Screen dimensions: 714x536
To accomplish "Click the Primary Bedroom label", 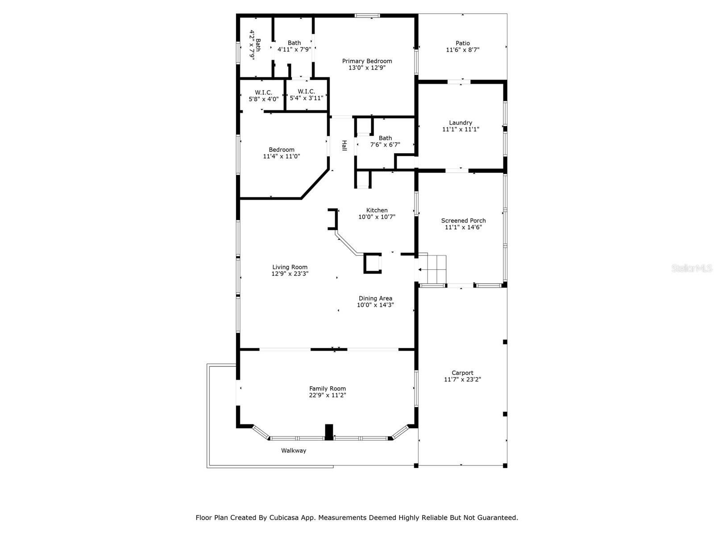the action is tap(367, 61).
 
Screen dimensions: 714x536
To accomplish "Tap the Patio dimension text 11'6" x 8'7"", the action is tap(462, 50).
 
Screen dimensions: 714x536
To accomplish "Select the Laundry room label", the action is tap(460, 123).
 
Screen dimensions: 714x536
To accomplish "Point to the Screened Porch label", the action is tap(463, 220).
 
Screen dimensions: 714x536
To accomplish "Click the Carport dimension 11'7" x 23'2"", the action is tap(462, 379).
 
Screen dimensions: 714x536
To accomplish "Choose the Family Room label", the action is tap(327, 388).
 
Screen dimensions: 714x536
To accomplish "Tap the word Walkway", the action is tap(293, 450).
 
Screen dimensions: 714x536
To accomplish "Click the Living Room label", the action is tap(290, 267).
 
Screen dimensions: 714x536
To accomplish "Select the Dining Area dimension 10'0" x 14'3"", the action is tap(375, 305).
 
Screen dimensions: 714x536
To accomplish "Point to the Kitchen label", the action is tap(377, 210).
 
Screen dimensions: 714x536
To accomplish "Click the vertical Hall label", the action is tap(344, 146).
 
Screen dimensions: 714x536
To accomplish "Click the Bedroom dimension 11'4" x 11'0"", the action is tap(282, 156).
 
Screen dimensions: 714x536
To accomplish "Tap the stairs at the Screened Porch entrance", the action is tap(432, 269).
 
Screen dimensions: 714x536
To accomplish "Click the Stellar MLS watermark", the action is tap(692, 268).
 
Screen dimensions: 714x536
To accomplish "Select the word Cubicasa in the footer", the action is tap(282, 517).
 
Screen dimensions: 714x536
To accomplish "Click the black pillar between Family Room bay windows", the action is tap(329, 432).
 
